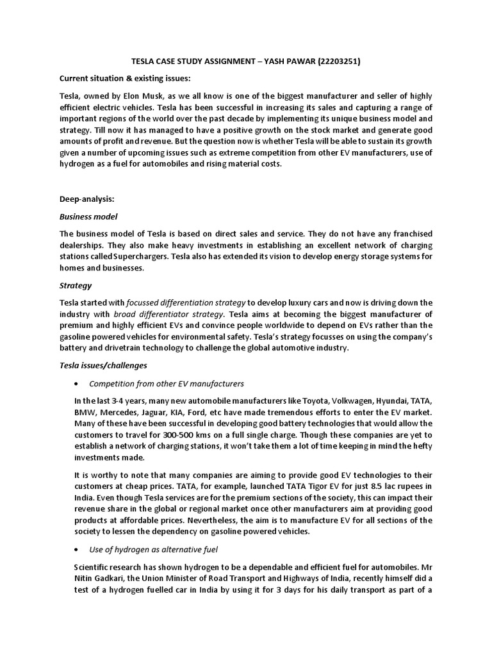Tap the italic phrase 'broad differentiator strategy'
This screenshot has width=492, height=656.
(169, 314)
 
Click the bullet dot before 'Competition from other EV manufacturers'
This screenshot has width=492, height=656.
(78, 384)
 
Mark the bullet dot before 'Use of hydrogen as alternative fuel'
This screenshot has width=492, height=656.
(78, 550)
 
